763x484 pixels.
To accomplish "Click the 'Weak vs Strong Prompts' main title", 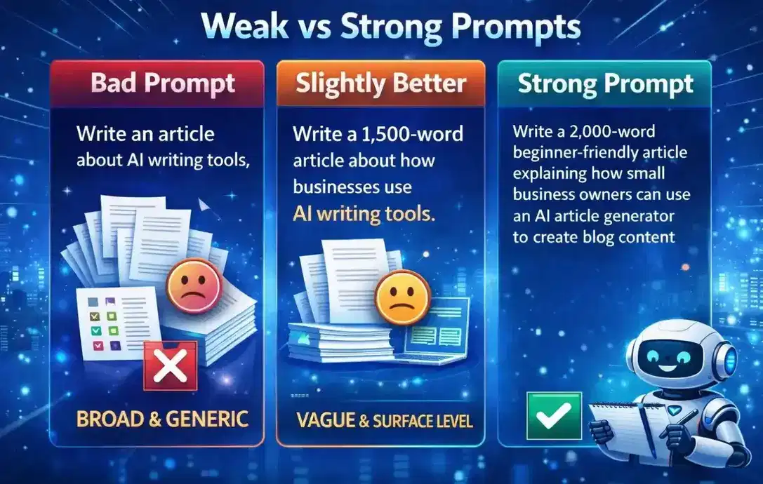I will click(x=380, y=28).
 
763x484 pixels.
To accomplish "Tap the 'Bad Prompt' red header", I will click(x=162, y=84).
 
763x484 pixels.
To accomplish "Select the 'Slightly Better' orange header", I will click(x=380, y=84).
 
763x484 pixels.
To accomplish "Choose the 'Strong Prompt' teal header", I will click(x=605, y=84).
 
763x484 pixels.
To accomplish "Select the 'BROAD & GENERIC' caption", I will click(x=162, y=419).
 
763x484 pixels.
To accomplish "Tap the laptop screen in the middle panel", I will click(x=439, y=326).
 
